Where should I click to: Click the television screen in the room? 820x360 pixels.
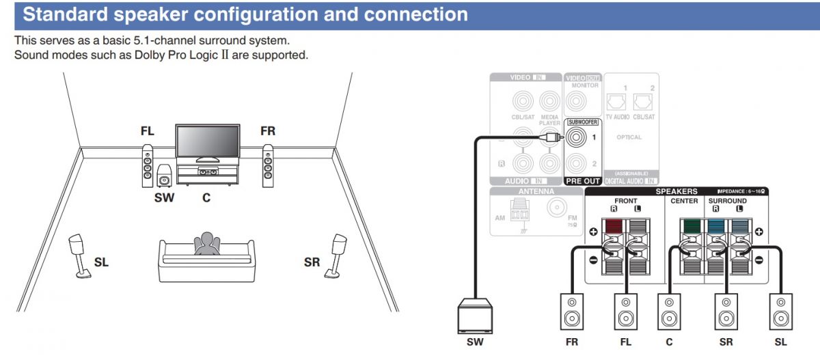pos(208,141)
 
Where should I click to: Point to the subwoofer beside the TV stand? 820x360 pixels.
pos(164,177)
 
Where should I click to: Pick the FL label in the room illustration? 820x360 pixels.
pos(147,131)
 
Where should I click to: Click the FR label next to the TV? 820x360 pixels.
pos(268,131)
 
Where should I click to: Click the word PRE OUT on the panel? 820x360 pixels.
pos(582,181)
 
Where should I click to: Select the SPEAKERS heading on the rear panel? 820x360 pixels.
pos(676,191)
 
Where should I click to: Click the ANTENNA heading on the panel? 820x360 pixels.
pos(536,191)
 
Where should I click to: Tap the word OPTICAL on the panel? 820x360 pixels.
pos(629,137)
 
